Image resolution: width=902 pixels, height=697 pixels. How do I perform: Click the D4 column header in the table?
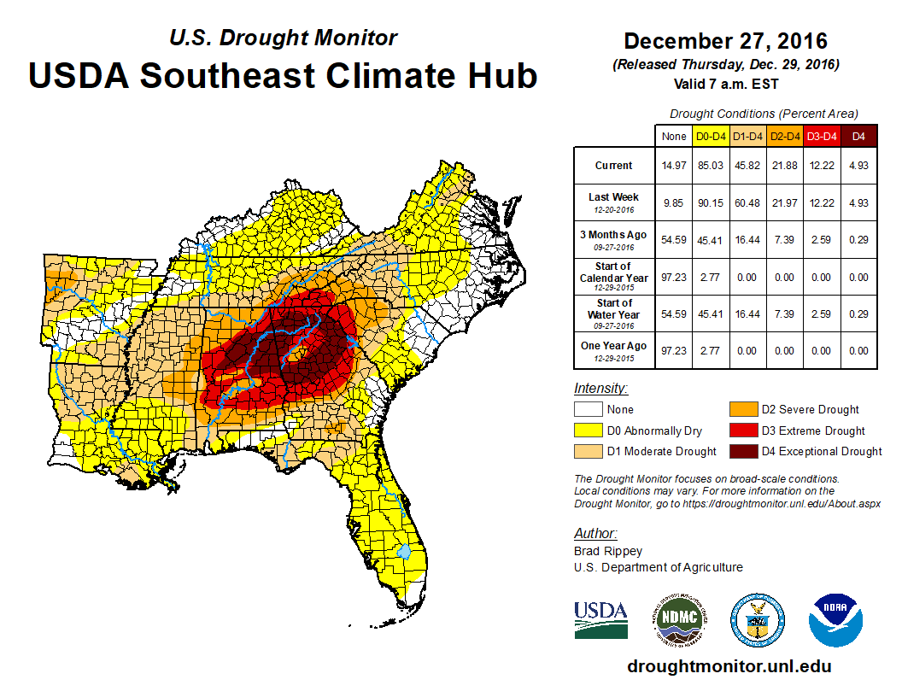click(x=858, y=137)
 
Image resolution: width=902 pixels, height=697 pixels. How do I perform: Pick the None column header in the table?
click(x=674, y=137)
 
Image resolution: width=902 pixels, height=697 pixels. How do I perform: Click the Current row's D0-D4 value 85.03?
click(x=712, y=166)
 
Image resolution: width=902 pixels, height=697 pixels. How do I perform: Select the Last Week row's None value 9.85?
click(x=674, y=202)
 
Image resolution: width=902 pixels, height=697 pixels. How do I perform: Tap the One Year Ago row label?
click(x=614, y=345)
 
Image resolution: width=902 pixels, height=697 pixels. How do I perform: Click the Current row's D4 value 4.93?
click(x=858, y=166)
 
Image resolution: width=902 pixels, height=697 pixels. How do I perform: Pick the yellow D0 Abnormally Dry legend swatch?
click(x=587, y=430)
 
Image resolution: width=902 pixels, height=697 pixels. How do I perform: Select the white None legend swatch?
click(x=587, y=410)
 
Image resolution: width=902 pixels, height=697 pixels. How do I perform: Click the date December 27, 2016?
click(x=725, y=41)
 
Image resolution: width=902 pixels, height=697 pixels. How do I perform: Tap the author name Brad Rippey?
click(x=607, y=551)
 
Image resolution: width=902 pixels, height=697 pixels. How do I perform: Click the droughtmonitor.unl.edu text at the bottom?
click(x=729, y=666)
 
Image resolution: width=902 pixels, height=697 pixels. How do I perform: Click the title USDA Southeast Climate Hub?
click(x=283, y=75)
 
